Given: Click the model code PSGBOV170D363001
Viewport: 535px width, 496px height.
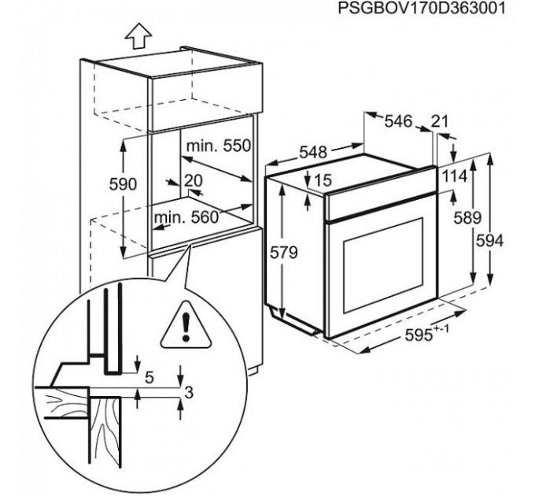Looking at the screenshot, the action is tap(421, 9).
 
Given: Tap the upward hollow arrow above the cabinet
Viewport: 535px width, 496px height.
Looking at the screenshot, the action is tap(138, 35).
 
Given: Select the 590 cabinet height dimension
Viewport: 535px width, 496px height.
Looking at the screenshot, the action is tap(123, 184).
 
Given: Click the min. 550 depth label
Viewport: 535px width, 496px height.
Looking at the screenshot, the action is tap(219, 146).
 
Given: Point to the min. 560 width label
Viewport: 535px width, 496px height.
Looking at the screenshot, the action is tap(186, 217).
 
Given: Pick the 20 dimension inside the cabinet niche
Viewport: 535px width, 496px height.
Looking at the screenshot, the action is tap(193, 180).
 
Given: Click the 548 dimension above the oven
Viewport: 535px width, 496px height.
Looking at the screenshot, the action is tap(313, 152).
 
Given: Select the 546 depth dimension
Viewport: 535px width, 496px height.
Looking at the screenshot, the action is tap(399, 121).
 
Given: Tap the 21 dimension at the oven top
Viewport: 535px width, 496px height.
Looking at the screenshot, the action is tap(439, 121).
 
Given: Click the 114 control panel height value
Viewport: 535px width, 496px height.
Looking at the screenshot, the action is tap(455, 176).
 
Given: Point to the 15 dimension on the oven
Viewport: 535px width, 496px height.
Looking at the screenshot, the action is tap(323, 180).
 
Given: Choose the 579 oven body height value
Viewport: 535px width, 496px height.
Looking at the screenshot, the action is tap(284, 253).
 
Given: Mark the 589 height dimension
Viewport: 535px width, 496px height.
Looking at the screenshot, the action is tap(467, 218).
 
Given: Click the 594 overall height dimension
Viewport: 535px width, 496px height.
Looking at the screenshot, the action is tap(489, 242).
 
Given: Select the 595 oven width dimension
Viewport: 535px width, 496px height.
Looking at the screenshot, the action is tap(427, 333).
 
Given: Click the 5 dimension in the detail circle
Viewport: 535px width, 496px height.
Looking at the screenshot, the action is tap(149, 378).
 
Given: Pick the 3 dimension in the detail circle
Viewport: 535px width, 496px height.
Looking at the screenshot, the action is tap(189, 392).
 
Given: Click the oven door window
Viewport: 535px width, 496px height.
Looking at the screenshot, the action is tap(383, 265).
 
